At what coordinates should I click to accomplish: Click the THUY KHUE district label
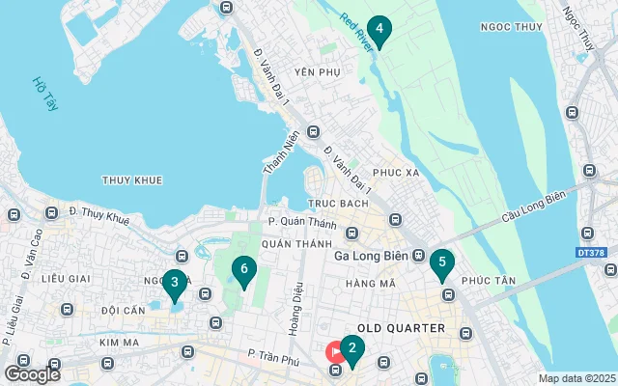[132, 180]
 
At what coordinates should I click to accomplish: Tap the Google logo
[32, 373]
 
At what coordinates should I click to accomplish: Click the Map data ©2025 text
[576, 378]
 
